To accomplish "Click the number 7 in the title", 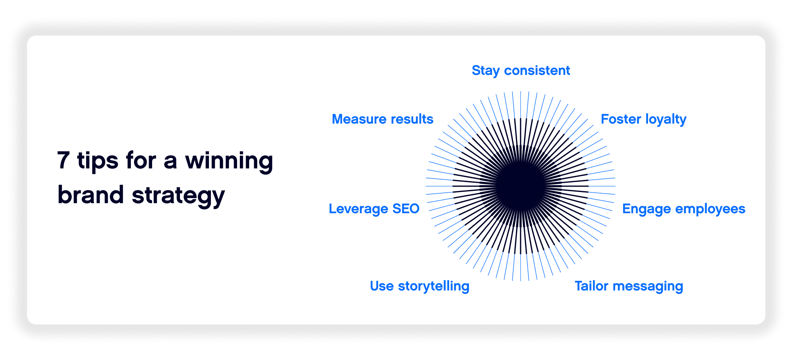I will [63, 161].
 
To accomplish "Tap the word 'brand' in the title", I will [90, 195].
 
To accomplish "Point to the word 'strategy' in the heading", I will [178, 195].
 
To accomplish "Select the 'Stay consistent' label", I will [521, 71].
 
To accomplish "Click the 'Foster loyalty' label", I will [643, 119].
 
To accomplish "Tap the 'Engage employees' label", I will [684, 209].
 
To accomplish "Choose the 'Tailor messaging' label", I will [629, 286].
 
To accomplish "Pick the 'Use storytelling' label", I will [419, 286].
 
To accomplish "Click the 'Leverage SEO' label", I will [374, 209].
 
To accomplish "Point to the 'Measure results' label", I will [382, 119].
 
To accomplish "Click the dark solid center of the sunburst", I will [520, 186].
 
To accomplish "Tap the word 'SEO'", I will [406, 209].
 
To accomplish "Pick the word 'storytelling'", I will [433, 286].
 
